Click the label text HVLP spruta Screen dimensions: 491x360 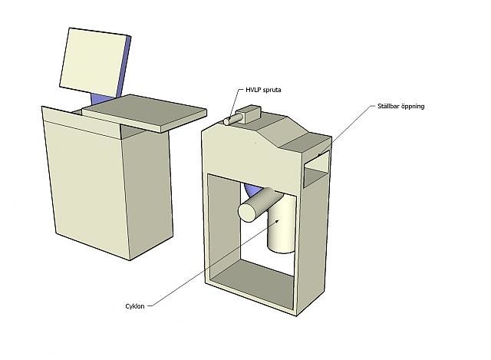(x=263, y=90)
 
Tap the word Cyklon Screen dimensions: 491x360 (x=135, y=306)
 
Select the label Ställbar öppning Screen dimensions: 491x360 (x=400, y=106)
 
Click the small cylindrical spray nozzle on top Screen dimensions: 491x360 (x=233, y=120)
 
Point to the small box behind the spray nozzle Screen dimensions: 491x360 (x=249, y=114)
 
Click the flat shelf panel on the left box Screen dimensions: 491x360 (x=144, y=113)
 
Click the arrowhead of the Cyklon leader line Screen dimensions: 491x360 (x=277, y=221)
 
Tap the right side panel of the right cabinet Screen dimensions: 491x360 (x=312, y=247)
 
